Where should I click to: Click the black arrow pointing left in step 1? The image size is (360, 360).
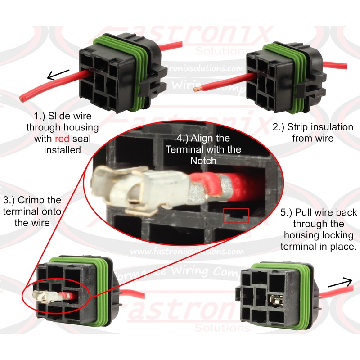point(58,74)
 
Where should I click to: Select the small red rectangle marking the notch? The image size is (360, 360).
point(236,215)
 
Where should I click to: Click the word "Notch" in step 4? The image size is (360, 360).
point(203,160)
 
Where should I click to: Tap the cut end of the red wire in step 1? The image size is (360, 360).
point(21,98)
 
